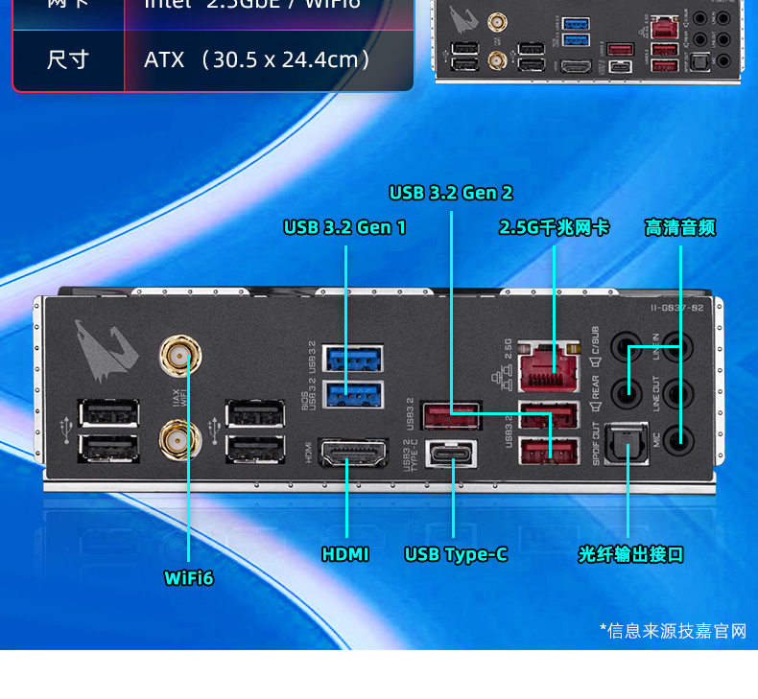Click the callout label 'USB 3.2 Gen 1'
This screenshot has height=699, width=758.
(344, 227)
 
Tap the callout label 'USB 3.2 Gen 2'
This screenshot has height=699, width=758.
(451, 193)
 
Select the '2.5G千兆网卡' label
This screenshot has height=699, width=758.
(554, 227)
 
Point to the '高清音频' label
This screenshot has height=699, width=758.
(680, 227)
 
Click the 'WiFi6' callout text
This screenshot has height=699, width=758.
(189, 577)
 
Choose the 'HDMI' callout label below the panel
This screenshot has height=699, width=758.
(345, 554)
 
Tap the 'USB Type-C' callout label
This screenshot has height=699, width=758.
(456, 554)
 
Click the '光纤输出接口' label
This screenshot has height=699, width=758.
(630, 554)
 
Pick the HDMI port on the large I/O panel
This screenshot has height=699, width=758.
(352, 454)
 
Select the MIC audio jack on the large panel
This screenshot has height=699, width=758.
(679, 439)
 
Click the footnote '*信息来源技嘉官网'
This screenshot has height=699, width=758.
(673, 630)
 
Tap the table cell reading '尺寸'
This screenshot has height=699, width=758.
(67, 59)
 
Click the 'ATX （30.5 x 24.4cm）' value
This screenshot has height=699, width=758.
(257, 59)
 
